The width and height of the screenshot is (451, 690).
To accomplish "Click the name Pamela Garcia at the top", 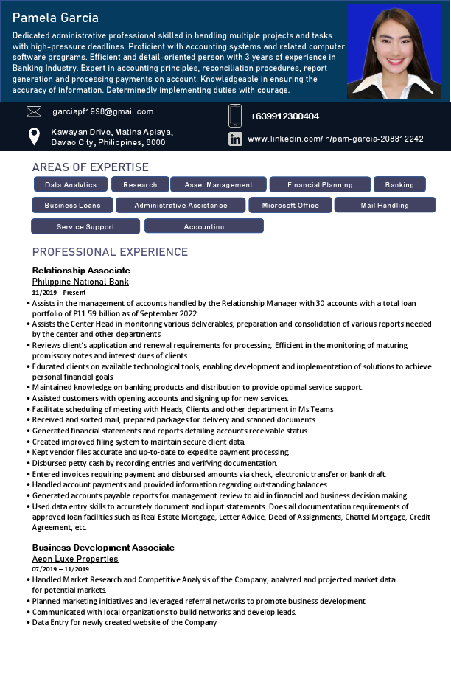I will click(x=55, y=18).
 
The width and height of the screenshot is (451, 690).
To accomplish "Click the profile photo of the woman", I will click(x=394, y=52).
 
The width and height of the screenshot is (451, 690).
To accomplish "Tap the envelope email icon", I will click(x=34, y=112).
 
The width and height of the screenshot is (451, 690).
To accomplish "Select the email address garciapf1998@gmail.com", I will click(x=103, y=111).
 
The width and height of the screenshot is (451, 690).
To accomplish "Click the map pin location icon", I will click(x=34, y=136).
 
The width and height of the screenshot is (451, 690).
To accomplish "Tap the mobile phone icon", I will click(x=235, y=116).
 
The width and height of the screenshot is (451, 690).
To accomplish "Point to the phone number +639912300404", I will click(x=284, y=116).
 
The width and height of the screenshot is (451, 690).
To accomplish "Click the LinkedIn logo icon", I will click(x=235, y=139).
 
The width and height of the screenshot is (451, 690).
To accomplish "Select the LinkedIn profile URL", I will click(x=335, y=139).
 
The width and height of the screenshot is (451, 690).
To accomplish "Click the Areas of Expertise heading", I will click(x=91, y=167).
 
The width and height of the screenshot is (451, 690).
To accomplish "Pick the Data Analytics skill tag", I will click(x=71, y=184).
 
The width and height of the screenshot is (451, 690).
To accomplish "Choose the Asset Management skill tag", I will click(x=218, y=184).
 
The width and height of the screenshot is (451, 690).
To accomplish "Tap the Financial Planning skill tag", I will click(x=320, y=184).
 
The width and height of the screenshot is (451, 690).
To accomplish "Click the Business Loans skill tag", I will click(x=72, y=205).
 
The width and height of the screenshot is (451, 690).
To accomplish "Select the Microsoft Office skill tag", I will click(x=290, y=205).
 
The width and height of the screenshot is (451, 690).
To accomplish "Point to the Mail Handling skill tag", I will click(x=385, y=205).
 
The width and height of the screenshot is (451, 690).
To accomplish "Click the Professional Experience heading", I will click(x=111, y=252).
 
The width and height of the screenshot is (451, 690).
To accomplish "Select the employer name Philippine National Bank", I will click(x=80, y=282).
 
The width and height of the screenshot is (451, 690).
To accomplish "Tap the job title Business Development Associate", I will click(x=103, y=548).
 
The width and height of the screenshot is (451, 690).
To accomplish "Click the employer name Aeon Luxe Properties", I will click(x=75, y=559).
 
